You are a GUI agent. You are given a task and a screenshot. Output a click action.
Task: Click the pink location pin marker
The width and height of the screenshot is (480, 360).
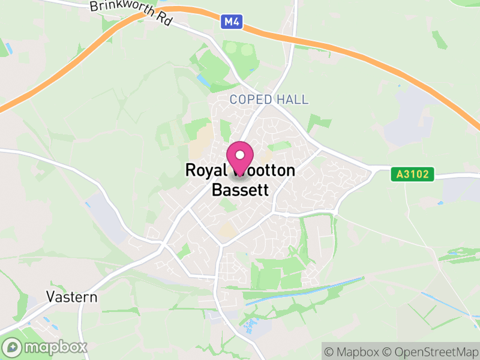[x=241, y=157]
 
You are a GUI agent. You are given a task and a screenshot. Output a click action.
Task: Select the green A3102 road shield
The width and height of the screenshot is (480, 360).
[x=412, y=175]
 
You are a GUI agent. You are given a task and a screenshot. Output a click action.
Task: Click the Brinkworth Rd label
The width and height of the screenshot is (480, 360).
[x=131, y=13]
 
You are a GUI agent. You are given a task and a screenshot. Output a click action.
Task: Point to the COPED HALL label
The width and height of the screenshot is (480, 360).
[x=269, y=100]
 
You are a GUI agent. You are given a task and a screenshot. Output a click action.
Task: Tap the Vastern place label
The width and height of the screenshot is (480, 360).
[x=71, y=297]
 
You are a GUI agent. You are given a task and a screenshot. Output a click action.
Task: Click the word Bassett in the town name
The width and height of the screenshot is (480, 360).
[x=240, y=190]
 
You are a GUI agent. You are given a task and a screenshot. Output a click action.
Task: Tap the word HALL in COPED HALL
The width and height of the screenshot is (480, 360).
[x=292, y=100]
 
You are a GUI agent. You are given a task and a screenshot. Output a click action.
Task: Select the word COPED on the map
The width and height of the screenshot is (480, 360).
[x=250, y=100]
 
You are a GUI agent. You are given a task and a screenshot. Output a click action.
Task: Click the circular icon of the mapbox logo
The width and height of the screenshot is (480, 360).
[x=13, y=347]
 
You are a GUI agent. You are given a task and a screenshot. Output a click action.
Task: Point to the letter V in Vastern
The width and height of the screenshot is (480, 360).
[x=50, y=297]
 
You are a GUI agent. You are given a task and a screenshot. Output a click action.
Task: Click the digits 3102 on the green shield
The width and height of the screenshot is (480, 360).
[x=416, y=175]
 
